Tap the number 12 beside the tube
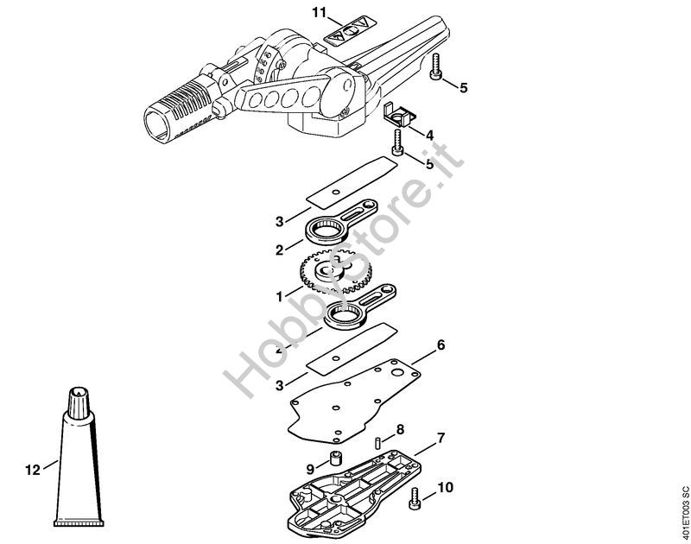point(33,471)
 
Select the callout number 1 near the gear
point(279,296)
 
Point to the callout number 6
point(441,345)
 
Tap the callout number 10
point(445,487)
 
